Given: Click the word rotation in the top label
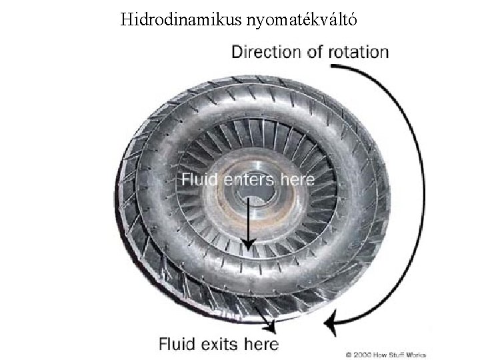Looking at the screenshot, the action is coord(357,51).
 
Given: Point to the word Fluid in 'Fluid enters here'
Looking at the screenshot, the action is coord(198,179).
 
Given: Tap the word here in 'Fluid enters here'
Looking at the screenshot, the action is coord(299,179).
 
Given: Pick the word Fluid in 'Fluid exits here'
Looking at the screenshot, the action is coord(175,344).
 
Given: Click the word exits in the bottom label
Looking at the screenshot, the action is coord(221,344).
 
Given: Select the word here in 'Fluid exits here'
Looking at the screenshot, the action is coord(263,344).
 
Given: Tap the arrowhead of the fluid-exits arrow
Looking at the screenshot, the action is coord(272,327).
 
